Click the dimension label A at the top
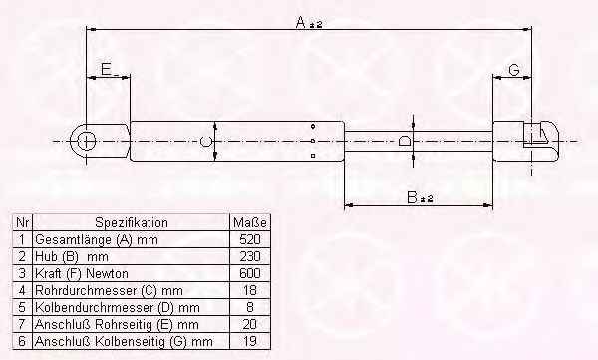(x=301, y=23)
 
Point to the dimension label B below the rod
(x=413, y=197)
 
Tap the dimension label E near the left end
(x=107, y=70)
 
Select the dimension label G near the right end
(x=514, y=70)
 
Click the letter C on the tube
(x=205, y=141)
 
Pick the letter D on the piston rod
(x=405, y=141)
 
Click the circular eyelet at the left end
(x=86, y=141)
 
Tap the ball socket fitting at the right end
(x=541, y=141)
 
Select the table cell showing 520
(x=250, y=239)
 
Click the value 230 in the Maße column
(x=250, y=256)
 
